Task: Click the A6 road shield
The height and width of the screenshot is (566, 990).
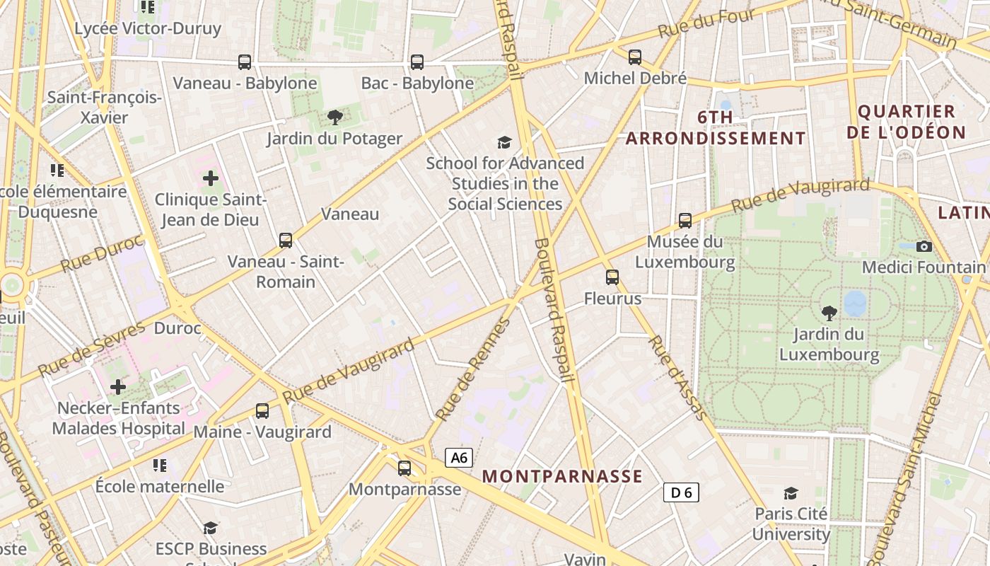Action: pos(459,458)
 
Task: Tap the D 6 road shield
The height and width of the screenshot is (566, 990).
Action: pos(681,492)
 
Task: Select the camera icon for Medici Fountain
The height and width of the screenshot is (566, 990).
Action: pos(924,246)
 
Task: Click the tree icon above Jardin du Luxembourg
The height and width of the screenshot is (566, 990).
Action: pos(829,312)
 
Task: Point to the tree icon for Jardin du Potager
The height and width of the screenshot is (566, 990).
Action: pos(334,117)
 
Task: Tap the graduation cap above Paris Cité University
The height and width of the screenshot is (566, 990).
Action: pos(791,493)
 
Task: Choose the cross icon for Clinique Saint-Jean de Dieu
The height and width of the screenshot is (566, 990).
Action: pos(210,178)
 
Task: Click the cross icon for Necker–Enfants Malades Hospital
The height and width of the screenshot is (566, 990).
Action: pos(118,387)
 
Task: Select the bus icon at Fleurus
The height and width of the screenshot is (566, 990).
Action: pos(612,277)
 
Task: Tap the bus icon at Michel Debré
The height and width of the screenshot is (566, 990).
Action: pos(635,57)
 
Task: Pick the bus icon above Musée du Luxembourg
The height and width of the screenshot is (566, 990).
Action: pos(685,221)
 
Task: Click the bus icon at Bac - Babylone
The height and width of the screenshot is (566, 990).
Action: pos(417,62)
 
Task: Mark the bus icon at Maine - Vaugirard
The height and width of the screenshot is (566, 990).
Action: pos(262,410)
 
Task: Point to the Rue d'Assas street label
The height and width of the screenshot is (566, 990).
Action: pos(677,378)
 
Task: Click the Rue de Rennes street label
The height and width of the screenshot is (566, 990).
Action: pos(472,369)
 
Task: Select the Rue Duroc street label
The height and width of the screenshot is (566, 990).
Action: pos(102,253)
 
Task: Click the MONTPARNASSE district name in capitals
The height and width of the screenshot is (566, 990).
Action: pos(562,476)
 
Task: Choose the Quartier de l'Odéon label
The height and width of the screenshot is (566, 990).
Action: pos(906,122)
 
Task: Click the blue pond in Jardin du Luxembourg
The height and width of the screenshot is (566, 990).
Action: pos(855,303)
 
